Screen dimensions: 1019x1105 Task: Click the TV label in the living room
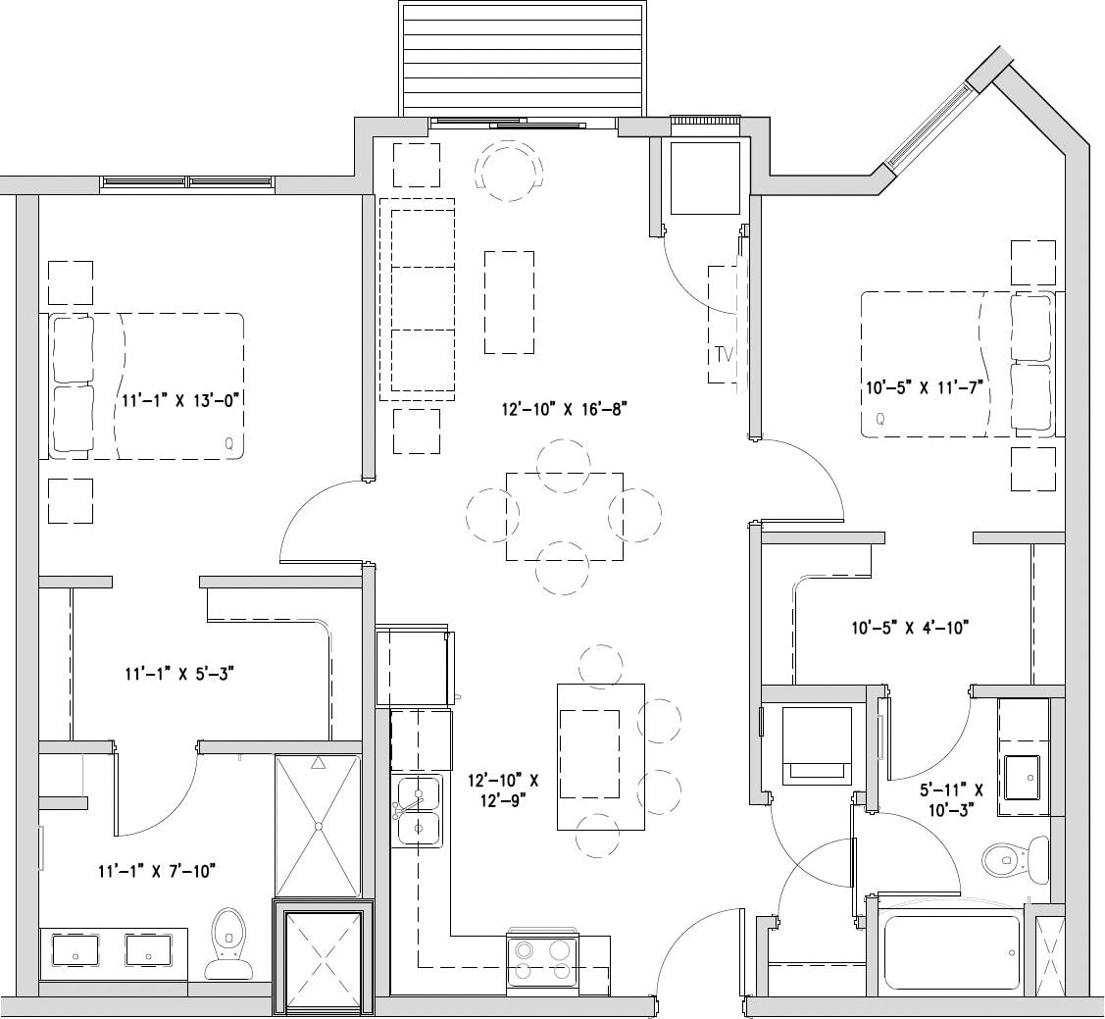pyautogui.click(x=724, y=353)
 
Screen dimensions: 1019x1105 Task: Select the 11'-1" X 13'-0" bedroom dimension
pyautogui.click(x=181, y=400)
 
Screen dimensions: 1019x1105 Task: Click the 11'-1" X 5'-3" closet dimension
pyautogui.click(x=177, y=674)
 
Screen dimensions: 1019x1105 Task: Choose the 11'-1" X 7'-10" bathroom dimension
pyautogui.click(x=156, y=870)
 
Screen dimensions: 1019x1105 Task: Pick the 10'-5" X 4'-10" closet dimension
pyautogui.click(x=910, y=627)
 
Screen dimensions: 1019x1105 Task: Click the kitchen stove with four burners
pyautogui.click(x=542, y=960)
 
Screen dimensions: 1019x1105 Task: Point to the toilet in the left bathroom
pyautogui.click(x=228, y=943)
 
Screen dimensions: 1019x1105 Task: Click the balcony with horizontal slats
pyautogui.click(x=523, y=59)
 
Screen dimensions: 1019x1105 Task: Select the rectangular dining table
pyautogui.click(x=564, y=517)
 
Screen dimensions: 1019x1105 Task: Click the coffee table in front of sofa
pyautogui.click(x=509, y=302)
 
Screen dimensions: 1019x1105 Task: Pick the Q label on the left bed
pyautogui.click(x=228, y=443)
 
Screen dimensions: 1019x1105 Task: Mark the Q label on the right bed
pyautogui.click(x=879, y=419)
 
